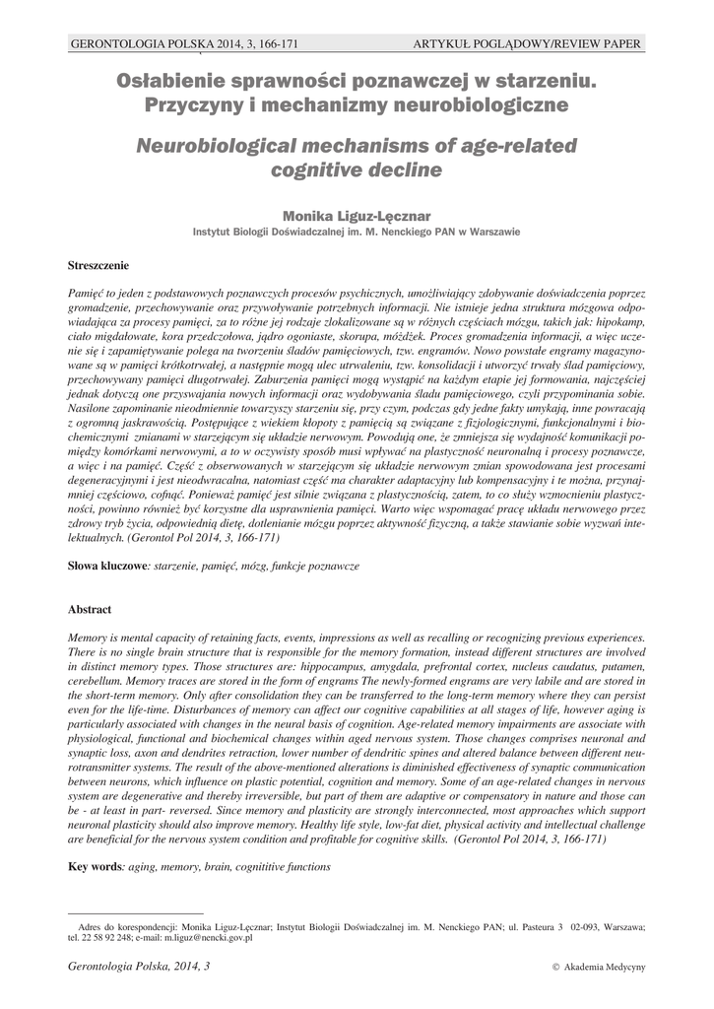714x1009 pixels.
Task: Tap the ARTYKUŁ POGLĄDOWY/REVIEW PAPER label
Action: point(527,44)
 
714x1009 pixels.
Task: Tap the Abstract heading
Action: point(89,609)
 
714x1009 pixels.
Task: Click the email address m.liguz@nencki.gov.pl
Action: point(208,938)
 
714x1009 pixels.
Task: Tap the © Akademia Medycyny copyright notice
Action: point(600,968)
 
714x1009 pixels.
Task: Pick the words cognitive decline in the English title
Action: point(357,170)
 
